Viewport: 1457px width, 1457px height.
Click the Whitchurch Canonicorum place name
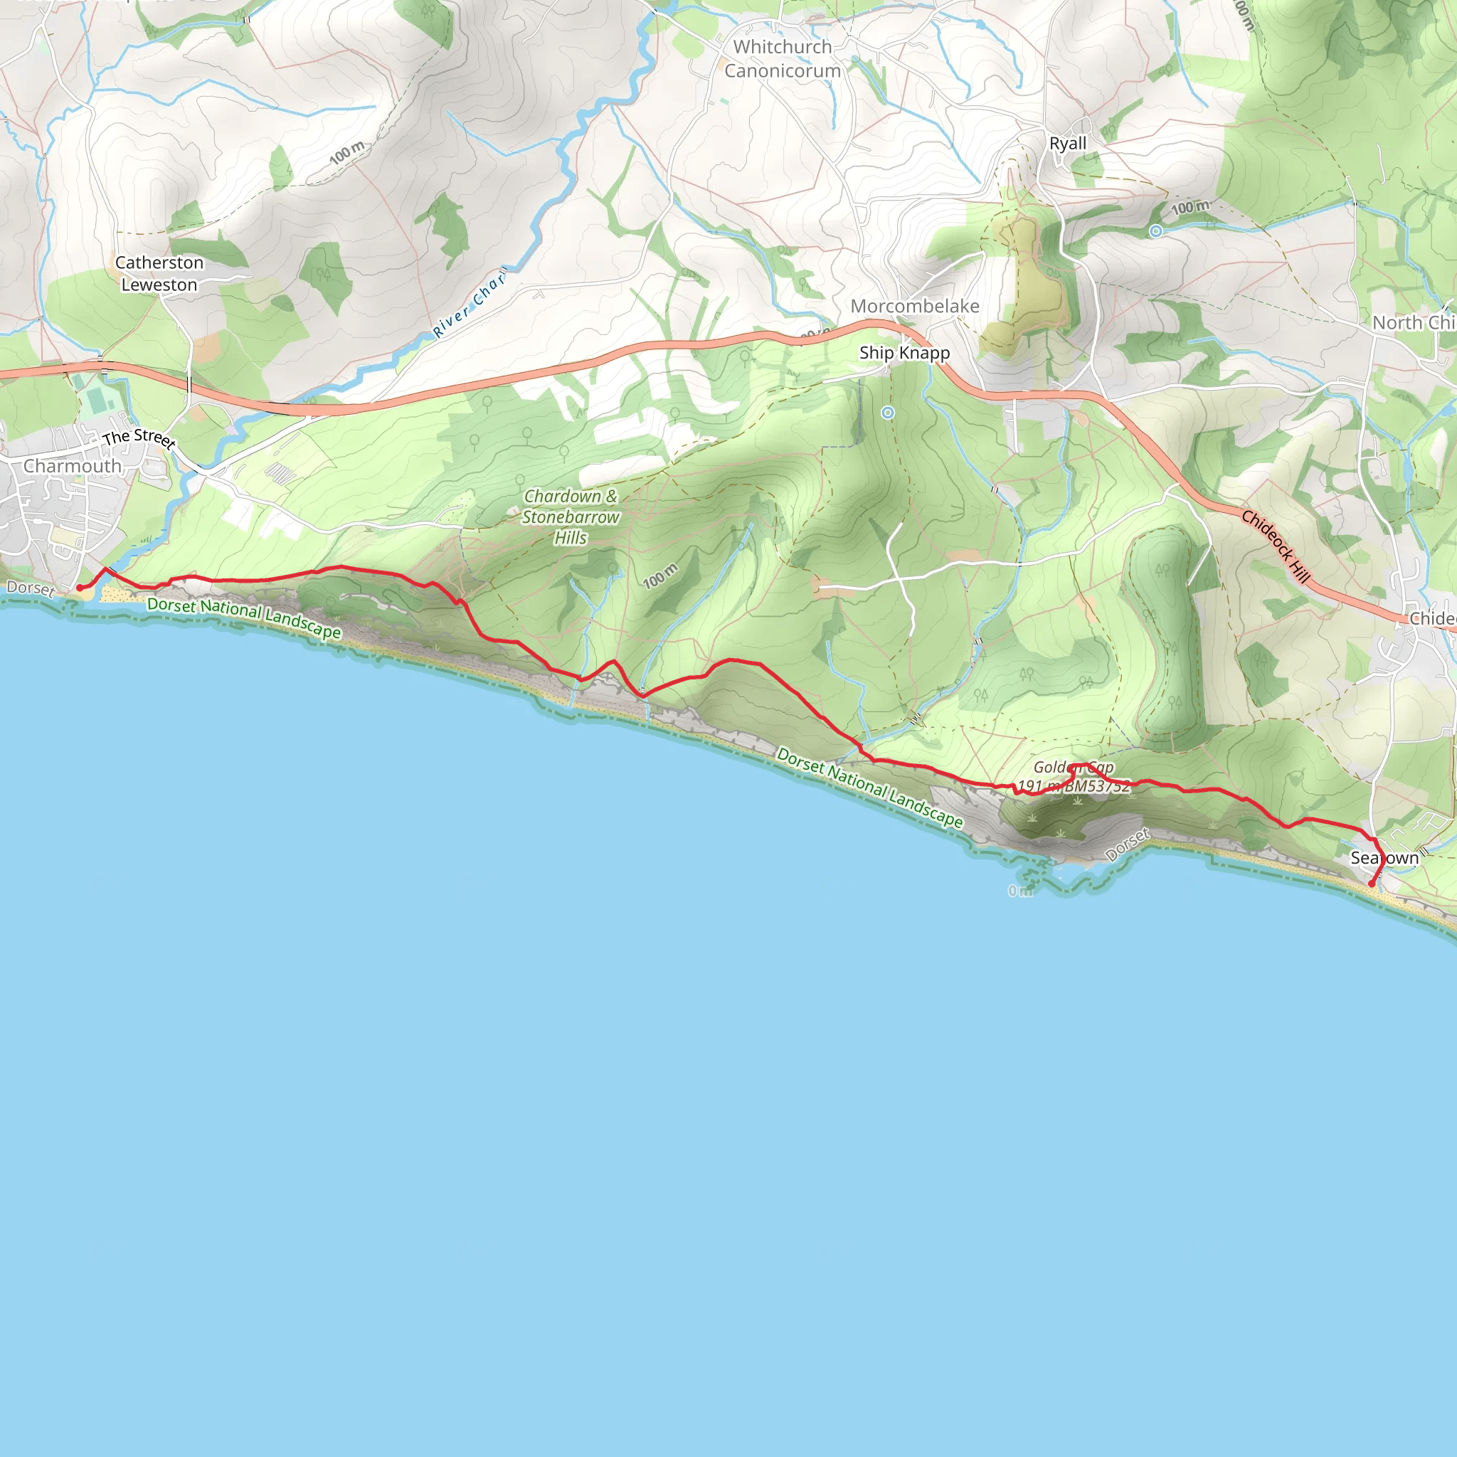[783, 59]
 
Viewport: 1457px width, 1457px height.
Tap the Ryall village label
[1068, 143]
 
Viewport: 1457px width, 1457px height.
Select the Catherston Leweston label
[159, 274]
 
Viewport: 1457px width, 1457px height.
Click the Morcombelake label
[915, 306]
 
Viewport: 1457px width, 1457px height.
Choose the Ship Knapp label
[904, 353]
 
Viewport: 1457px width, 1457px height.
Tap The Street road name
[139, 438]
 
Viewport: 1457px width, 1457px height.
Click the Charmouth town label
[73, 466]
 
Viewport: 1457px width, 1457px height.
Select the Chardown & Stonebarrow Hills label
[571, 517]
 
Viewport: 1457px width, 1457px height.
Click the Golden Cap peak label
[1073, 767]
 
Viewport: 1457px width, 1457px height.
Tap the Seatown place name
[1384, 858]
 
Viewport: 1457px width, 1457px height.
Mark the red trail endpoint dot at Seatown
[1372, 884]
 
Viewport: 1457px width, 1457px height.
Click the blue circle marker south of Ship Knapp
[888, 413]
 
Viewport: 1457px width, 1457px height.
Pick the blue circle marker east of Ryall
[1155, 231]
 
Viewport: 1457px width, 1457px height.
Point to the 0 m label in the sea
[1020, 891]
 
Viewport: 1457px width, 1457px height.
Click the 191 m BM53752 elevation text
[1074, 787]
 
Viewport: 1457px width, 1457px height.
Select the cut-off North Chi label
[1414, 323]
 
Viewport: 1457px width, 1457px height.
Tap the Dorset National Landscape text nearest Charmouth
[243, 618]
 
